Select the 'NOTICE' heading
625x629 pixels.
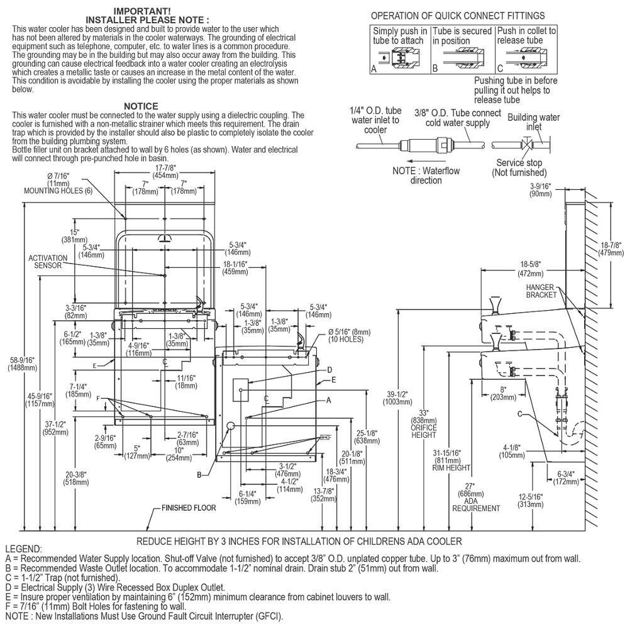[x=141, y=106]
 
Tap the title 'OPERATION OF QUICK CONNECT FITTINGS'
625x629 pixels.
[x=458, y=15]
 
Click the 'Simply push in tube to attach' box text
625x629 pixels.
[x=400, y=35]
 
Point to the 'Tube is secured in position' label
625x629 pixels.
[x=462, y=35]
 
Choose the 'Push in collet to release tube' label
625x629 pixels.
[x=526, y=35]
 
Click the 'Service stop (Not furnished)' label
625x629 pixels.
[x=519, y=167]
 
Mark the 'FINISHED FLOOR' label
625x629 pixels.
[x=189, y=508]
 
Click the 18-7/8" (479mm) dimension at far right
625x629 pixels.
[x=608, y=248]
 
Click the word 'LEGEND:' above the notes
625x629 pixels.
[x=23, y=549]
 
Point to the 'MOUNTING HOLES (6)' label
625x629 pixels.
[x=58, y=190]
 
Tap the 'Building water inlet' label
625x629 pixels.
[x=533, y=121]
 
